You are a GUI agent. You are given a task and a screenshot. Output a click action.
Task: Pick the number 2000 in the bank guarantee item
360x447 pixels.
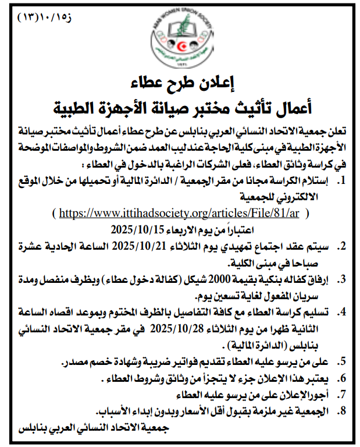pyautogui.click(x=237, y=280)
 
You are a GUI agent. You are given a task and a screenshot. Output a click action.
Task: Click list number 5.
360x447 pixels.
pyautogui.click(x=344, y=362)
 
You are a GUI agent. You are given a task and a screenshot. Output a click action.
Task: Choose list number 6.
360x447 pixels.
pyautogui.click(x=344, y=378)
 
